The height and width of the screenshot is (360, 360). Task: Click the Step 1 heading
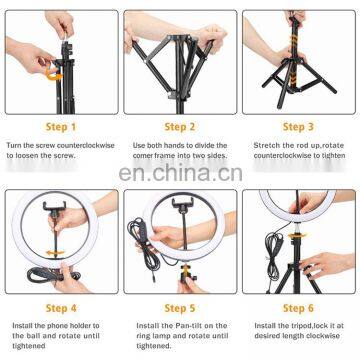coord(59,127)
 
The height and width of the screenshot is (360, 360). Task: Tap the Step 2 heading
coord(178,127)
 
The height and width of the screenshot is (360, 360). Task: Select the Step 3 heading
coord(298,127)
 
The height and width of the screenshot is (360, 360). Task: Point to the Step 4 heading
coord(59,309)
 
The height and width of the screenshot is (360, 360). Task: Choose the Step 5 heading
coord(178,309)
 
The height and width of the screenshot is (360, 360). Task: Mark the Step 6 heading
coord(298,309)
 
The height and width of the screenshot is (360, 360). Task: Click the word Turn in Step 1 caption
coord(14,145)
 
